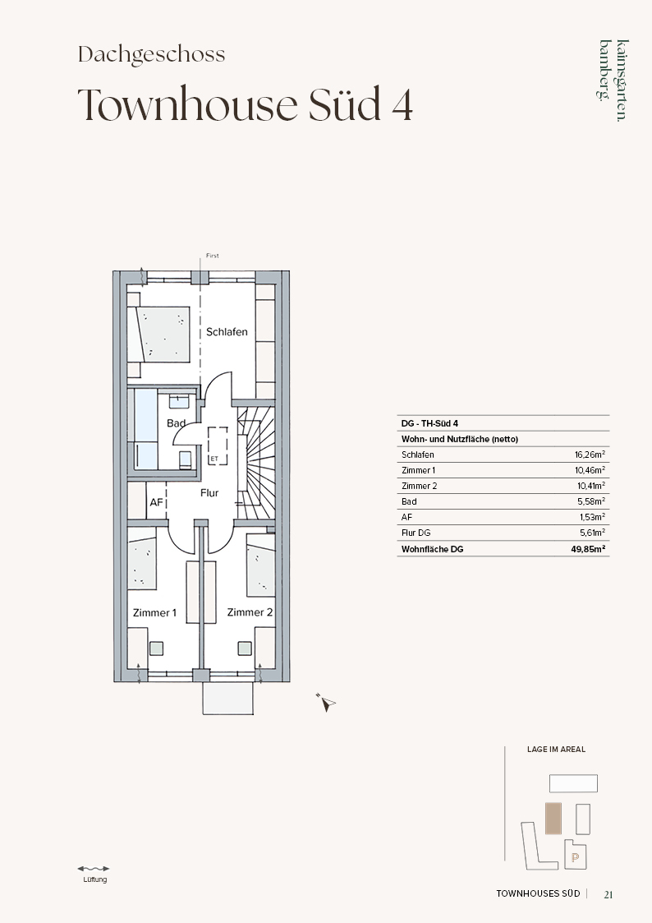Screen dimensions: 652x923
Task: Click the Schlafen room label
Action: click(x=227, y=332)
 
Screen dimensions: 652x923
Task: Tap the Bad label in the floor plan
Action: click(x=176, y=423)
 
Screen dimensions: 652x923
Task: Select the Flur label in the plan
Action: click(x=209, y=493)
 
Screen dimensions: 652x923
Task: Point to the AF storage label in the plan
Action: click(x=156, y=503)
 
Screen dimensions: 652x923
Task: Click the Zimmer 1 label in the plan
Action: click(x=154, y=613)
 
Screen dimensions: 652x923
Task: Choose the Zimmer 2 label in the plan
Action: click(x=250, y=612)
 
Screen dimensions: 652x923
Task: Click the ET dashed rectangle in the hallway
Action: click(x=218, y=446)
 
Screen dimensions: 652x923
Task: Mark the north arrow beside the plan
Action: click(x=326, y=702)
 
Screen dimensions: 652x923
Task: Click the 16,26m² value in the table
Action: click(x=590, y=455)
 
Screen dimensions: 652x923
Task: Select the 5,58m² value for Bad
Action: click(x=591, y=501)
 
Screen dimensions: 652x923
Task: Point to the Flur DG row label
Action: click(x=416, y=533)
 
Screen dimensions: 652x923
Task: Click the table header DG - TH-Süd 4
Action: click(x=429, y=423)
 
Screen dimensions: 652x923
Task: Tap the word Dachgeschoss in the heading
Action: click(x=152, y=55)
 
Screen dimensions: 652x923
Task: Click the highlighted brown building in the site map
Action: click(x=553, y=819)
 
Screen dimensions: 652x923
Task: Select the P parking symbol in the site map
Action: click(x=575, y=858)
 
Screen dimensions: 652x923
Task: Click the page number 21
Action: click(x=608, y=894)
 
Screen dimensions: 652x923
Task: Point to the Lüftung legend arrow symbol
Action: click(x=94, y=868)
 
